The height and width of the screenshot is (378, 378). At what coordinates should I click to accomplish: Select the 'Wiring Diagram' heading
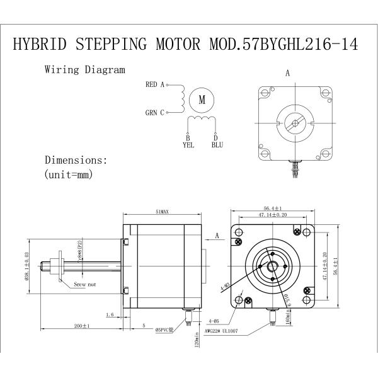point(84,70)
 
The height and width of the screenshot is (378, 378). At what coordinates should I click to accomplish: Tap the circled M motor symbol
point(202,99)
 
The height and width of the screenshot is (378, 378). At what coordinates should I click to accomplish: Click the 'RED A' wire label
point(154,84)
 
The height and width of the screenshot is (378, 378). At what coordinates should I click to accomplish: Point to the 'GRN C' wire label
point(154,113)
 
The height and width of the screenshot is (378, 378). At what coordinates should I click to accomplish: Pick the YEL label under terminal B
point(188,145)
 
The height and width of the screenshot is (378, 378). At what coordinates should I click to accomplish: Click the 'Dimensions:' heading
point(81,160)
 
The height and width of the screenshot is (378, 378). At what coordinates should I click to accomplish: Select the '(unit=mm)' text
point(69,175)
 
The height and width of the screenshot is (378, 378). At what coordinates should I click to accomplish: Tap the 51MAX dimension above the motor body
point(162,212)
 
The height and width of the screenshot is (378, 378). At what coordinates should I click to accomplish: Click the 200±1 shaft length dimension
point(81,326)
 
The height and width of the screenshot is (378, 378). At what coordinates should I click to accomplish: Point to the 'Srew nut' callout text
point(84,285)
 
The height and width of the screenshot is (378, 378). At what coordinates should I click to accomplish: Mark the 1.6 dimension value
point(110,314)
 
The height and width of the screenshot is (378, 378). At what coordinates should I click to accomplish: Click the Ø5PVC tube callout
point(167,329)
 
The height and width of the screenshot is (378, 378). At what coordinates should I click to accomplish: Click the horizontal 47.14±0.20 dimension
point(272,215)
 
